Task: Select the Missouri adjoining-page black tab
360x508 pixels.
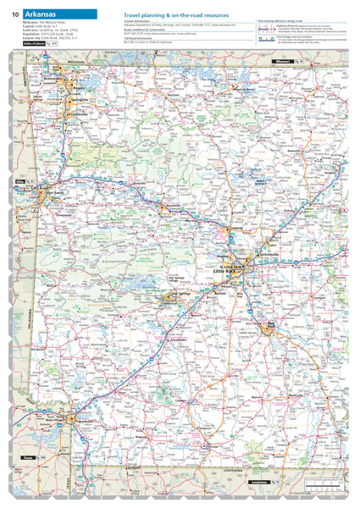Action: coord(279,63)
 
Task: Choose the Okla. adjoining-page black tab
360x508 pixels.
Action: coord(19,181)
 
